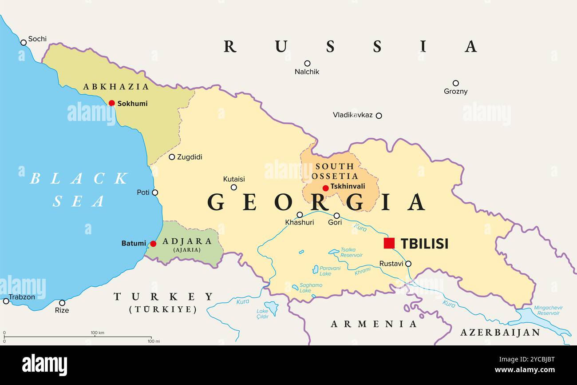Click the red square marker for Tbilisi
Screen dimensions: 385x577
pyautogui.click(x=389, y=243)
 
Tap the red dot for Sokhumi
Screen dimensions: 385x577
pyautogui.click(x=112, y=103)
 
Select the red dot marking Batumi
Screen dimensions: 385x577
pyautogui.click(x=153, y=244)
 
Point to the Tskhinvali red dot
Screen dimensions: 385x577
pyautogui.click(x=325, y=188)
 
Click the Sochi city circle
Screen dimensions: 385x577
pyautogui.click(x=24, y=43)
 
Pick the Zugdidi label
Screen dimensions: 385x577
pyautogui.click(x=190, y=157)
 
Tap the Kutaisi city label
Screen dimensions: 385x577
pyautogui.click(x=234, y=179)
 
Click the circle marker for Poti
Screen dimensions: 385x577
pyautogui.click(x=155, y=192)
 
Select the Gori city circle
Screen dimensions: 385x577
pyautogui.click(x=336, y=216)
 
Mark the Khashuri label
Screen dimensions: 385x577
pyautogui.click(x=299, y=222)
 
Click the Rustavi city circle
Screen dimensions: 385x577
pyautogui.click(x=408, y=264)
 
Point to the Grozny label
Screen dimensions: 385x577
pyautogui.click(x=455, y=92)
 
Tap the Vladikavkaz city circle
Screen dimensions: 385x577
pyautogui.click(x=379, y=116)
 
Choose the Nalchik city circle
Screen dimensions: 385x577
pyautogui.click(x=307, y=63)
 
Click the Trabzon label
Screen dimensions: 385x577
pyautogui.click(x=22, y=297)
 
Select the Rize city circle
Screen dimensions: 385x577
pyautogui.click(x=62, y=303)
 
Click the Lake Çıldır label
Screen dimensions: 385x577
pyautogui.click(x=262, y=314)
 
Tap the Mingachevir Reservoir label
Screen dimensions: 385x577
pyautogui.click(x=548, y=310)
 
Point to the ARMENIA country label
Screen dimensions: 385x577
pyautogui.click(x=374, y=324)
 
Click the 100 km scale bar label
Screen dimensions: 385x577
pyautogui.click(x=97, y=333)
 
